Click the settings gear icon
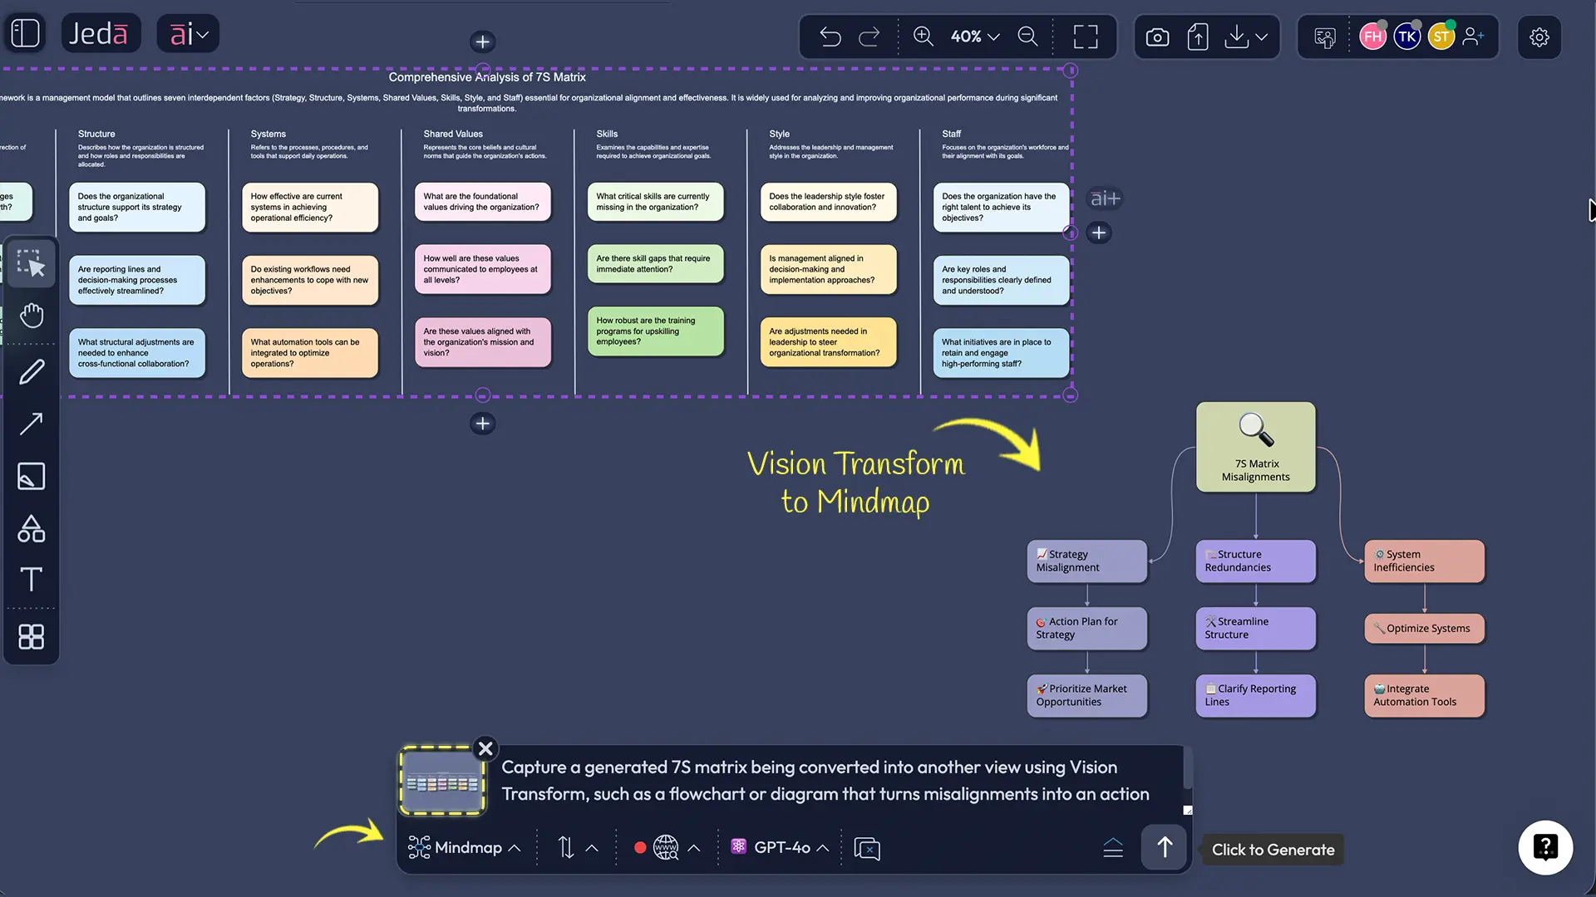click(x=1539, y=37)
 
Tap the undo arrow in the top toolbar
click(x=830, y=37)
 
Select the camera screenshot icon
click(x=1157, y=37)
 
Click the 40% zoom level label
click(x=966, y=37)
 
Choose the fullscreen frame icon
click(x=1085, y=37)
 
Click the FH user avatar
click(x=1372, y=37)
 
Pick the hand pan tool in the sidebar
click(x=32, y=316)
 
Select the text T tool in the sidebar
click(x=32, y=579)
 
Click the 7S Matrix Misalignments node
click(x=1255, y=448)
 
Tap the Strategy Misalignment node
click(x=1086, y=561)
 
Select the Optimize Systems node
click(x=1424, y=629)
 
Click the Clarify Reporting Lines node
click(x=1255, y=695)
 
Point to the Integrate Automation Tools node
click(x=1424, y=695)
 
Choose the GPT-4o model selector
click(x=781, y=848)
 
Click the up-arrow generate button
click(x=1164, y=847)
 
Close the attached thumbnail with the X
click(x=485, y=748)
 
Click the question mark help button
click(x=1545, y=848)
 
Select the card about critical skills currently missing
click(x=655, y=202)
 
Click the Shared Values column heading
click(x=453, y=134)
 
